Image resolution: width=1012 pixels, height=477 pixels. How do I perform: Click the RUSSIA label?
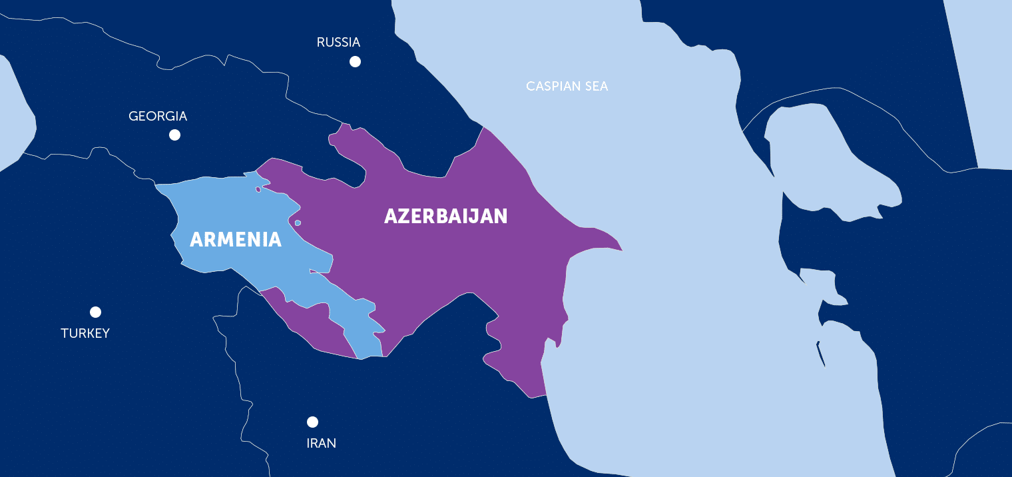pos(338,43)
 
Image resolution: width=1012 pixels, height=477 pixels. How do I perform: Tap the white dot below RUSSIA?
pos(355,62)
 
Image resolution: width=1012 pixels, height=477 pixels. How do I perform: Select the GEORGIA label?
pos(158,117)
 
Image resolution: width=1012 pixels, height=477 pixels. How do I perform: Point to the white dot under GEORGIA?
pos(174,135)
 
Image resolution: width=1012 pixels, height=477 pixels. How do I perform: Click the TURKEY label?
pos(85,333)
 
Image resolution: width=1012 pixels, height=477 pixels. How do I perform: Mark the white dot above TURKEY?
pos(95,312)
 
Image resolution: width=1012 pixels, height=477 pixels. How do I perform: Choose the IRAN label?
pos(321,443)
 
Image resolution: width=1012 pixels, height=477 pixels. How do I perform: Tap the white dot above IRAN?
pos(312,422)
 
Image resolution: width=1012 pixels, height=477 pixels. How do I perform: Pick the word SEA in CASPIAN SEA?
pos(597,87)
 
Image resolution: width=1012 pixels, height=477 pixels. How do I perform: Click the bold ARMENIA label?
pos(236,239)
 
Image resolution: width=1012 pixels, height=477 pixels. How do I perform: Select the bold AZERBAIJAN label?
pos(445,217)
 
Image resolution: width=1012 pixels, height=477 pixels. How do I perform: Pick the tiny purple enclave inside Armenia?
pos(258,189)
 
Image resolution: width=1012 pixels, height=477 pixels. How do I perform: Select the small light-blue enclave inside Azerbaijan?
pos(298,223)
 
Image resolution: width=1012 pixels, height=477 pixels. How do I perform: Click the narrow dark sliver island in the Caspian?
pos(821,354)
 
